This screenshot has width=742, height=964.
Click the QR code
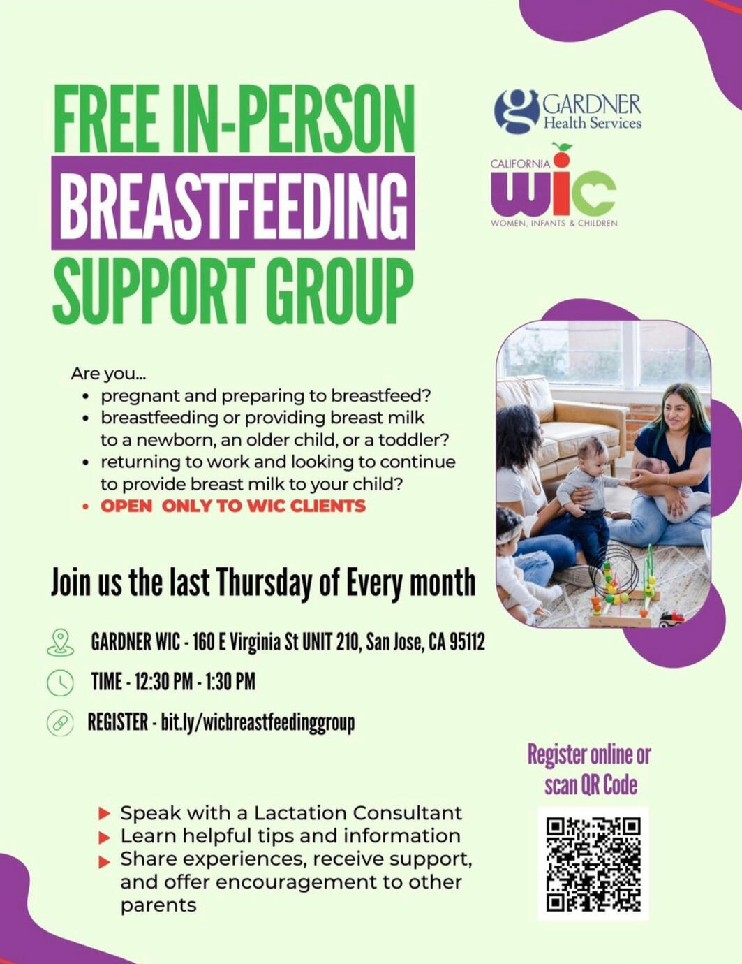point(593,863)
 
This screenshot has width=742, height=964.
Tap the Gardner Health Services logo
point(567,112)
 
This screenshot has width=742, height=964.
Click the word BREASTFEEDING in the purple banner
point(232,203)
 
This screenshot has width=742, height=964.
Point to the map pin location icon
point(60,642)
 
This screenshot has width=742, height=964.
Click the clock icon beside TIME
point(60,682)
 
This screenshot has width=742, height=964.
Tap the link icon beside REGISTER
point(60,723)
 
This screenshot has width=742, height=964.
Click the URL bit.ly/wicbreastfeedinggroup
point(258,722)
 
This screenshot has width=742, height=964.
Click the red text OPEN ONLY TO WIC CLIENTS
point(232,506)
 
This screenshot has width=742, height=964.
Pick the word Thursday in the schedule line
point(265,583)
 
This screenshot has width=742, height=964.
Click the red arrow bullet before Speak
point(105,813)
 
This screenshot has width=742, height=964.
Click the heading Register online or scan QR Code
point(589,769)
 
